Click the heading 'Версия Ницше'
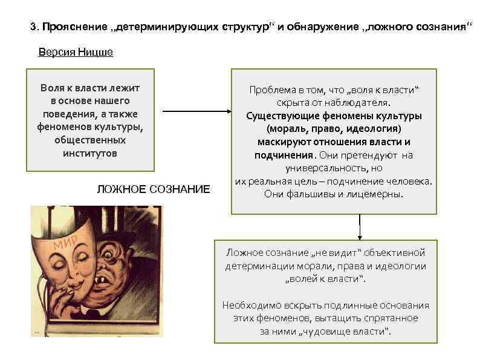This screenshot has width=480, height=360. point(76,52)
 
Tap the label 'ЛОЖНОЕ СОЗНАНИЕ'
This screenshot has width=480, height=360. point(154,189)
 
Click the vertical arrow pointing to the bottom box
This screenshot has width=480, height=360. point(360,227)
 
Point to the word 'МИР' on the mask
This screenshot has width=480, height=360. point(63,243)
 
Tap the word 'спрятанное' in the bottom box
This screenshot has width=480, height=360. point(390,318)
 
